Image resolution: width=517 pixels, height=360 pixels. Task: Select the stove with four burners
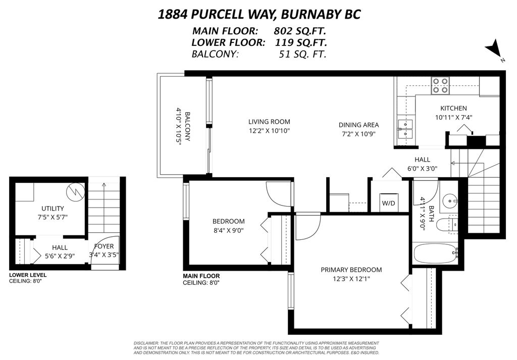click(440, 85)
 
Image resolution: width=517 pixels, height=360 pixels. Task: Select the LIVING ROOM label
click(269, 122)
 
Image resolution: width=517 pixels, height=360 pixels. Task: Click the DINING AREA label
click(358, 125)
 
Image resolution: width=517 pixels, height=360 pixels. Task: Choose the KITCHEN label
click(453, 108)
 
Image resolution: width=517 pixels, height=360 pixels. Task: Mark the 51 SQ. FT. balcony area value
click(302, 55)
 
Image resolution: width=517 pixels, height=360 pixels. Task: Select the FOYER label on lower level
click(104, 246)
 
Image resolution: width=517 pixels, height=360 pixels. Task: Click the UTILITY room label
click(53, 209)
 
